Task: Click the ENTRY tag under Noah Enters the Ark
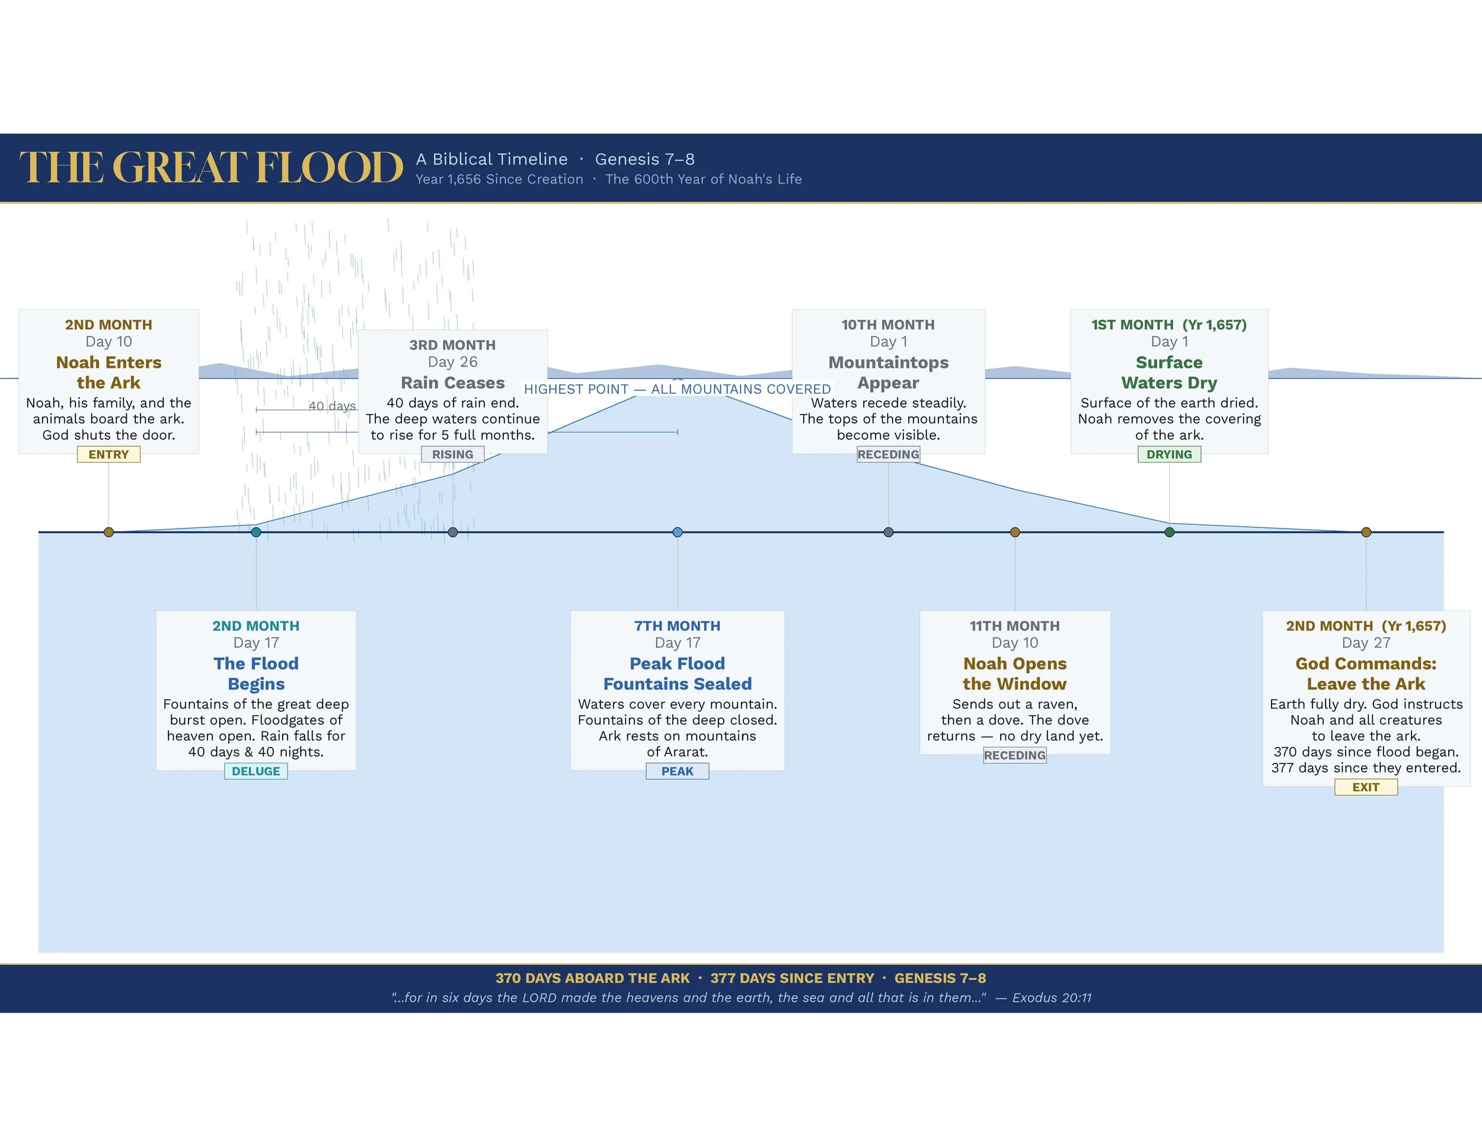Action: (x=108, y=454)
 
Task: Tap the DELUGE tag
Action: (x=256, y=771)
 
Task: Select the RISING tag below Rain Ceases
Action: (x=453, y=454)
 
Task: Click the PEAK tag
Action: (x=677, y=771)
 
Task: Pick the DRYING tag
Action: (x=1169, y=454)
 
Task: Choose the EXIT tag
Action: (x=1365, y=787)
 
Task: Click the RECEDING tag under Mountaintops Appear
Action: (x=888, y=454)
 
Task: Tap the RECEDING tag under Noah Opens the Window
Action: (x=1014, y=755)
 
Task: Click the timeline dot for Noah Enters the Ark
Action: (x=108, y=532)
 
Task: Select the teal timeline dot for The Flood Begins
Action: (x=256, y=532)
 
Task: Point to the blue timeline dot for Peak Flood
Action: (x=677, y=532)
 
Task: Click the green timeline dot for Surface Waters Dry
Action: (x=1169, y=532)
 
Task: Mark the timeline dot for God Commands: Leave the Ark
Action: (x=1366, y=532)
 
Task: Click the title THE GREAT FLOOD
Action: (x=211, y=168)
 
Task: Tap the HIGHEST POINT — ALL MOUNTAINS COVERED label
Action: (x=677, y=389)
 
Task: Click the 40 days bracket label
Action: (x=332, y=406)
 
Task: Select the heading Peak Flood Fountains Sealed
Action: (x=677, y=673)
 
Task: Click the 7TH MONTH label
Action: (x=677, y=626)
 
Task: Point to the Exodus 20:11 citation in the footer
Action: (x=1052, y=997)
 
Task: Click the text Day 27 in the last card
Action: (x=1366, y=642)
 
